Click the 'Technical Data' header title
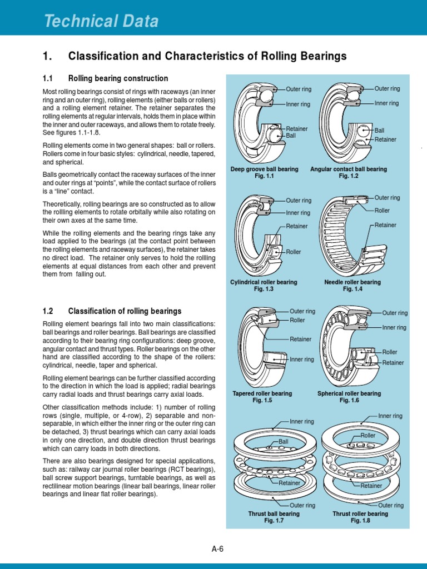pyautogui.click(x=101, y=22)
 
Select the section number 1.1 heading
pyautogui.click(x=51, y=78)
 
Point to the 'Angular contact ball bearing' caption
pyautogui.click(x=349, y=169)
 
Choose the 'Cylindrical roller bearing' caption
pyautogui.click(x=264, y=282)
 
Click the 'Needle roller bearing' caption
pyautogui.click(x=352, y=282)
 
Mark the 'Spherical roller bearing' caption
pyautogui.click(x=349, y=393)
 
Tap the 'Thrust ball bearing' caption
pyautogui.click(x=274, y=514)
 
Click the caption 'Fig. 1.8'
pyautogui.click(x=360, y=521)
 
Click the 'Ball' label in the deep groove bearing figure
pyautogui.click(x=291, y=136)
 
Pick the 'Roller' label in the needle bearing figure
pyautogui.click(x=382, y=211)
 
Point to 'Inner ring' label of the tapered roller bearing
pyautogui.click(x=301, y=360)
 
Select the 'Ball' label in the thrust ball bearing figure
pyautogui.click(x=284, y=442)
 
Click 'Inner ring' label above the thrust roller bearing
pyautogui.click(x=390, y=416)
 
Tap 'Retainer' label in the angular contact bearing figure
pyautogui.click(x=385, y=139)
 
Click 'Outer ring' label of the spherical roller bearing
pyautogui.click(x=395, y=313)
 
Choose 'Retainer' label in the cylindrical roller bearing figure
pyautogui.click(x=297, y=226)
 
